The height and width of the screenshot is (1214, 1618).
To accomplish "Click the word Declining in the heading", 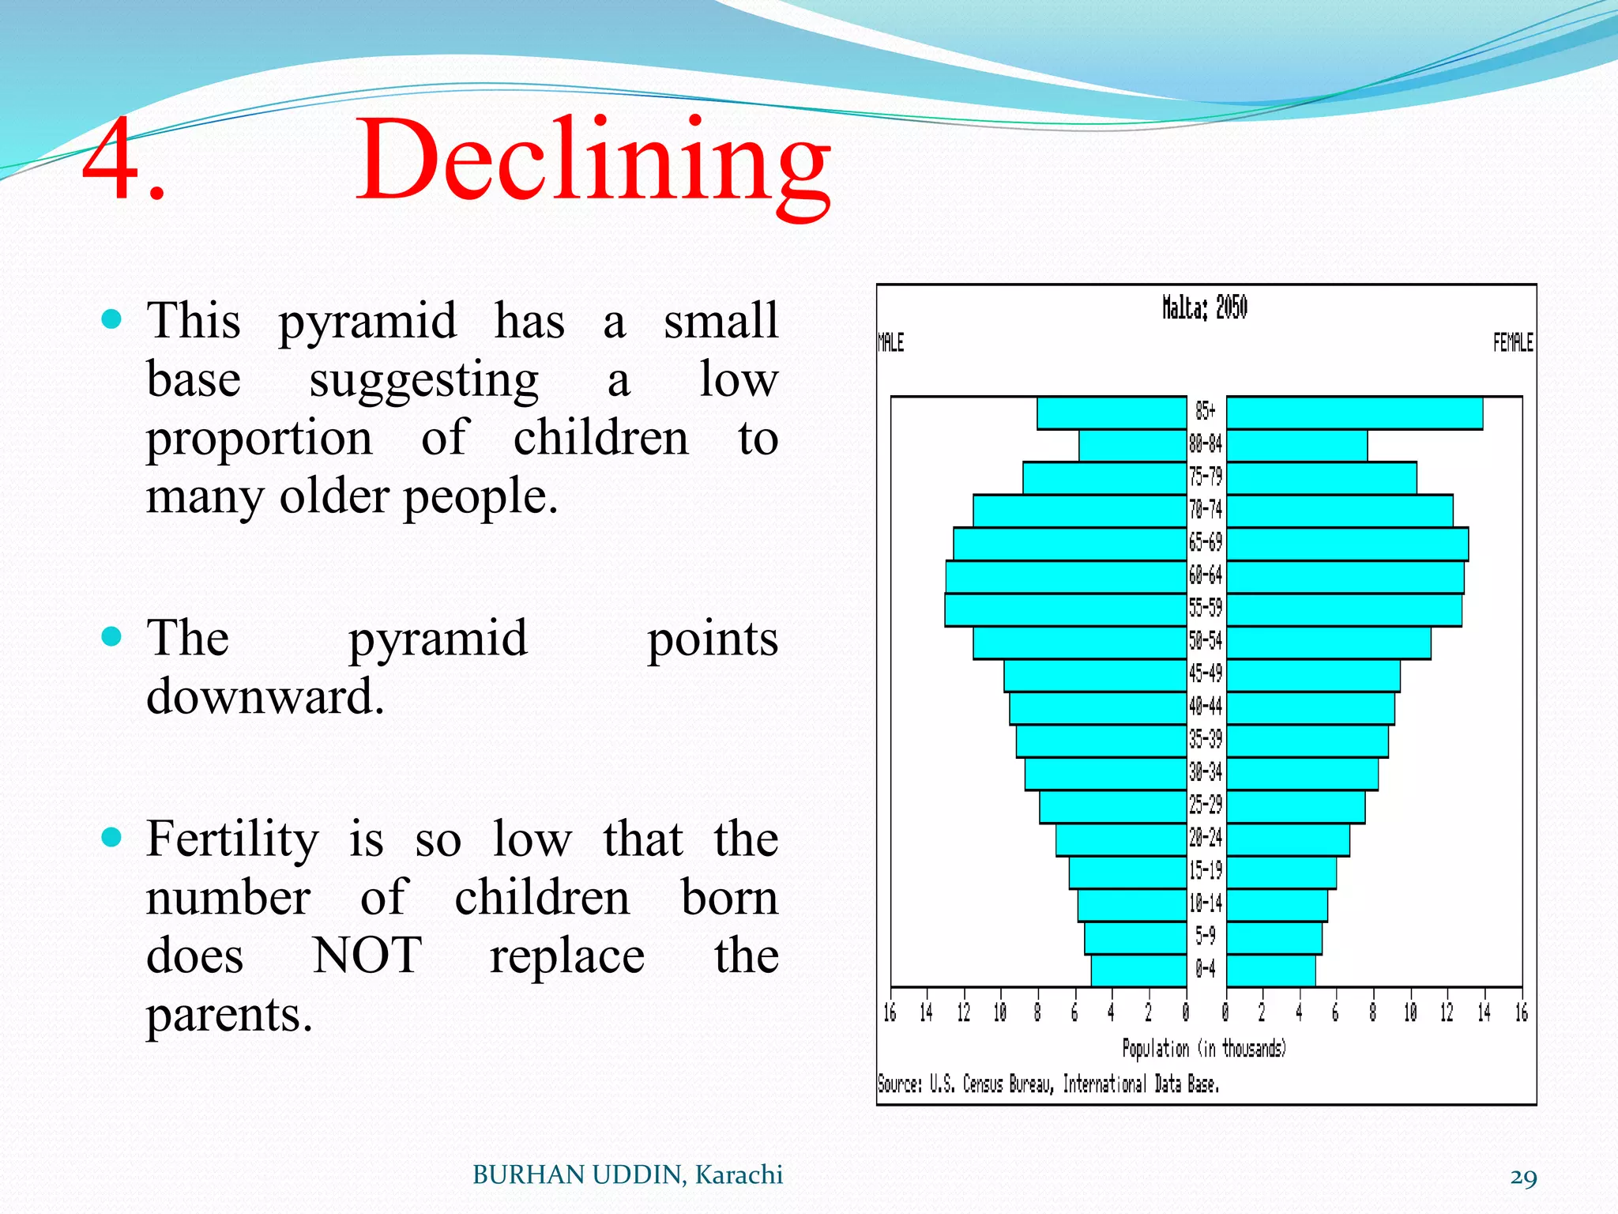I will [x=593, y=162].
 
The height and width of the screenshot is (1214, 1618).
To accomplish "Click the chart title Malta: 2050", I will [x=1204, y=307].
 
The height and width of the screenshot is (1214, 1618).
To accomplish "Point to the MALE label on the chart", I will [x=890, y=343].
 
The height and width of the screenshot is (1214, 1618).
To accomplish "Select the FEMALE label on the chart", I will [x=1512, y=343].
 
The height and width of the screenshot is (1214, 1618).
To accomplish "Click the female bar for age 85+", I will [x=1354, y=413].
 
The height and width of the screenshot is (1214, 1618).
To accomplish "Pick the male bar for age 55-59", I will [x=1066, y=610].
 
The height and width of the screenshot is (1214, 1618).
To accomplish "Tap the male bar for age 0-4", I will [x=1138, y=971].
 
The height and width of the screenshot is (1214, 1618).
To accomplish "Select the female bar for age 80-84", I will [x=1296, y=446].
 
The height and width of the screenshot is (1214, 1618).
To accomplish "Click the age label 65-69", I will [x=1206, y=542].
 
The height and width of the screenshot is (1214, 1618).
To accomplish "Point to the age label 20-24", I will [x=1206, y=837].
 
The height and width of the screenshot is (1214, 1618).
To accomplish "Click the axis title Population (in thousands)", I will [x=1204, y=1049].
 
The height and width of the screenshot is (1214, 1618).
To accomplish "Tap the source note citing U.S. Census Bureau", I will [x=1048, y=1084].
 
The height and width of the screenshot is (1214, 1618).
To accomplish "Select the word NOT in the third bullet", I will [x=367, y=956].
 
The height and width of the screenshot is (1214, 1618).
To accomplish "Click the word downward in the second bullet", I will [x=265, y=697].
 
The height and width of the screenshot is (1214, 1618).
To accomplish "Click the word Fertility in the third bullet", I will [x=233, y=839].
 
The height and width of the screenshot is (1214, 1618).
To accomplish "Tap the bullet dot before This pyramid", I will [x=112, y=319].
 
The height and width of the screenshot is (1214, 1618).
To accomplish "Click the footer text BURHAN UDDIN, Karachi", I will [x=627, y=1175].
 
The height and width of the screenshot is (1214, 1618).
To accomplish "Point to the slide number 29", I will [x=1523, y=1178].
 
